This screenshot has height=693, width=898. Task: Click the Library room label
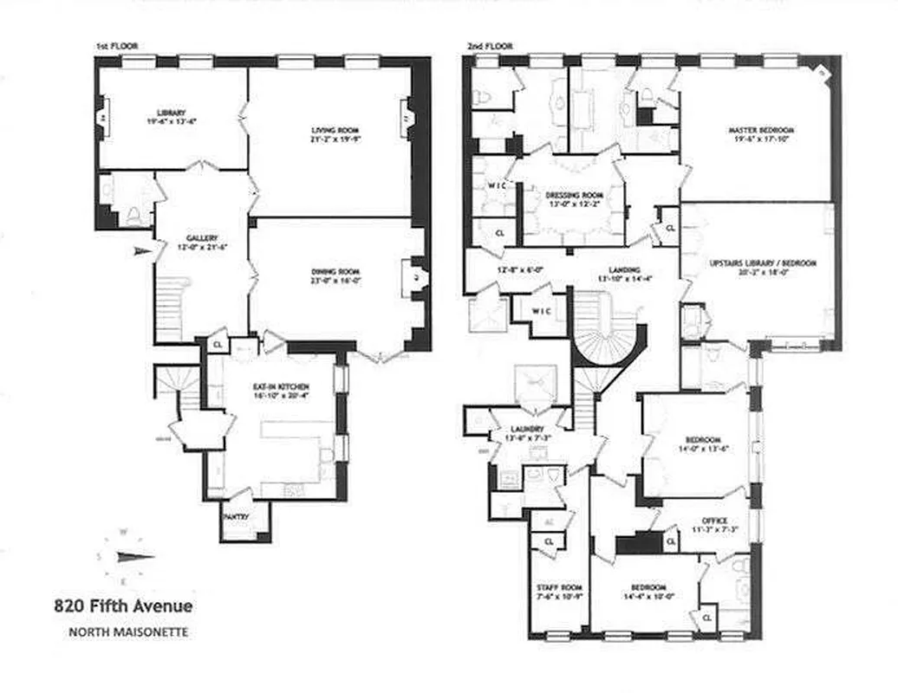tap(171, 113)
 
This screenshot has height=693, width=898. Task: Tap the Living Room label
tap(329, 131)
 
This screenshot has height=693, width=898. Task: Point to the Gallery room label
tap(201, 237)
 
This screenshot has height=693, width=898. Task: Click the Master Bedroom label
tap(761, 130)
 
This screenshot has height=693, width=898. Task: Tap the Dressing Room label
tap(569, 196)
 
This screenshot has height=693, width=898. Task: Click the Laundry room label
tap(527, 430)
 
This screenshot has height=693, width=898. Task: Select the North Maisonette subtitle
tap(127, 632)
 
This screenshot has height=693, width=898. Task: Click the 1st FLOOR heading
tap(116, 46)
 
